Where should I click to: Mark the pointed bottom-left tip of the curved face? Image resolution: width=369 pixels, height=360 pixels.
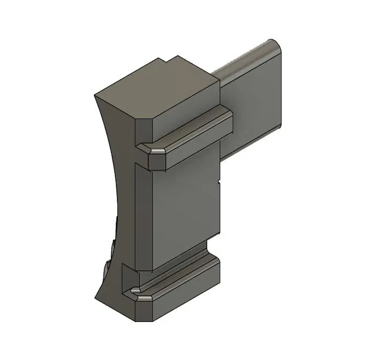[98, 296]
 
